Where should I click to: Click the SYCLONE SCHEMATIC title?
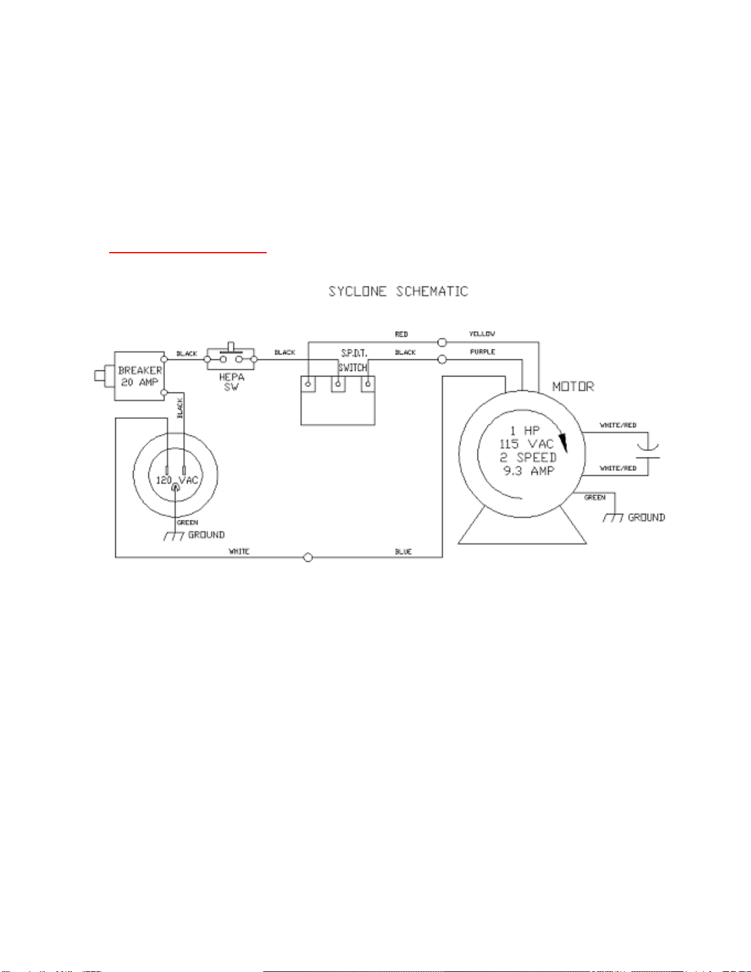click(x=398, y=291)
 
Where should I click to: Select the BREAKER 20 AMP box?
click(x=140, y=376)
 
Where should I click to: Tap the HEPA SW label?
click(x=232, y=382)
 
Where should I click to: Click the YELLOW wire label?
click(x=482, y=334)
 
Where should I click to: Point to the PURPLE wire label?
click(x=482, y=352)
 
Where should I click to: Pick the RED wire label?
click(x=402, y=334)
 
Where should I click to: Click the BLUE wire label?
click(x=403, y=552)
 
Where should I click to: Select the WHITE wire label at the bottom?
click(x=239, y=551)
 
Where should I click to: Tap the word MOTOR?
click(x=574, y=386)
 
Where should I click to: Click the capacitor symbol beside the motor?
click(x=648, y=452)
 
